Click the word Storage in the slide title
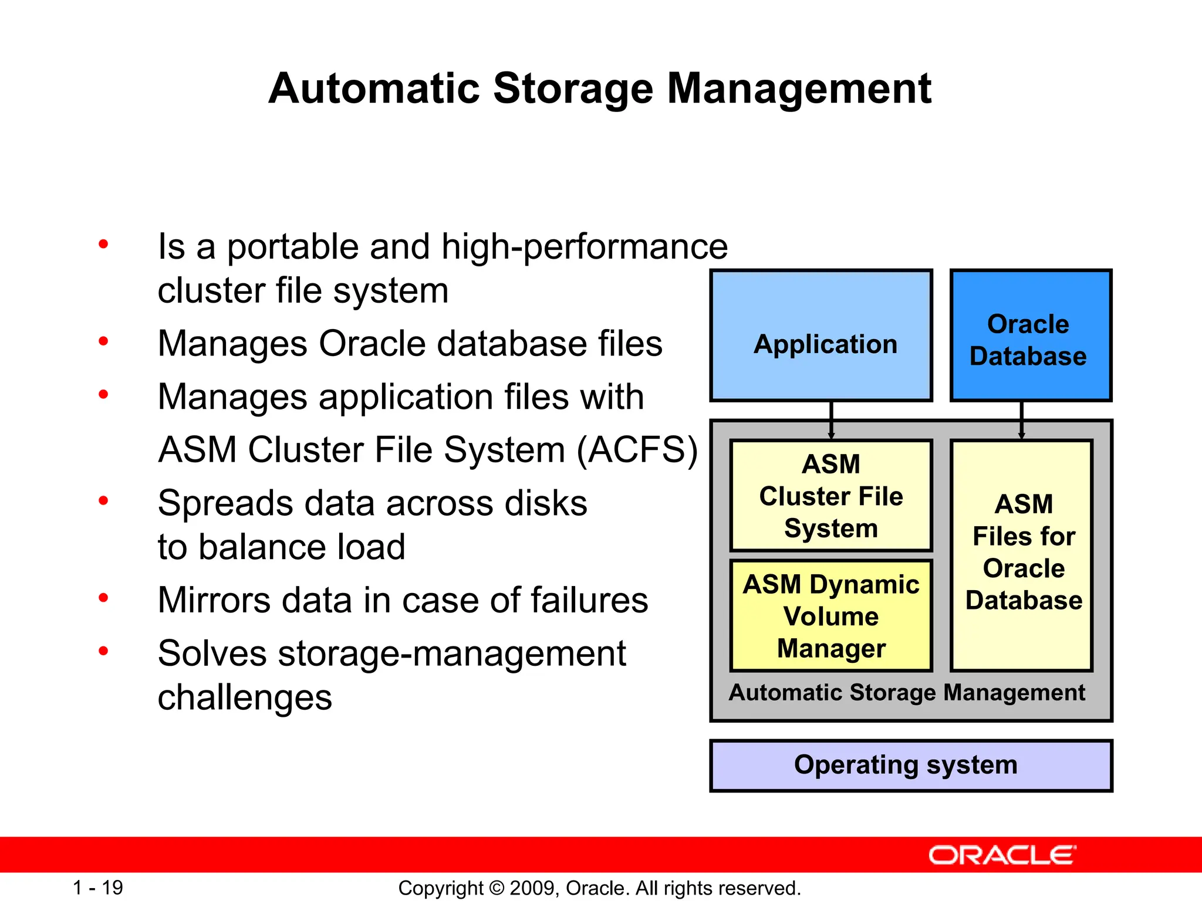click(x=572, y=89)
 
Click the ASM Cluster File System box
click(x=831, y=496)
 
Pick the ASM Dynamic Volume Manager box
click(x=831, y=616)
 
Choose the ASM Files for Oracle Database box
click(x=1022, y=554)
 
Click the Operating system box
click(x=910, y=765)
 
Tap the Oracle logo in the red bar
click(x=1002, y=855)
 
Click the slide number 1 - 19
click(x=97, y=888)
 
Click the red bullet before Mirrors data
click(x=104, y=598)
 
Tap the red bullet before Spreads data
click(x=104, y=501)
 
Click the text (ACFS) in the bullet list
click(x=637, y=450)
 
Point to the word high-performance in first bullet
click(x=585, y=247)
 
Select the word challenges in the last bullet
click(x=245, y=697)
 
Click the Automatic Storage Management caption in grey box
click(x=907, y=693)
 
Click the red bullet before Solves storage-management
click(x=104, y=651)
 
